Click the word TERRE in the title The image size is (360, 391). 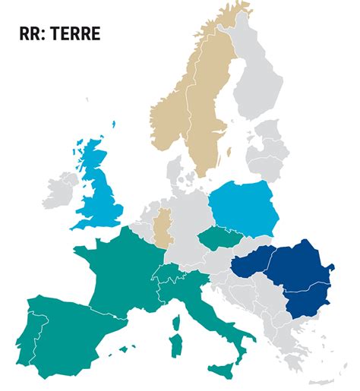[x=74, y=34]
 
